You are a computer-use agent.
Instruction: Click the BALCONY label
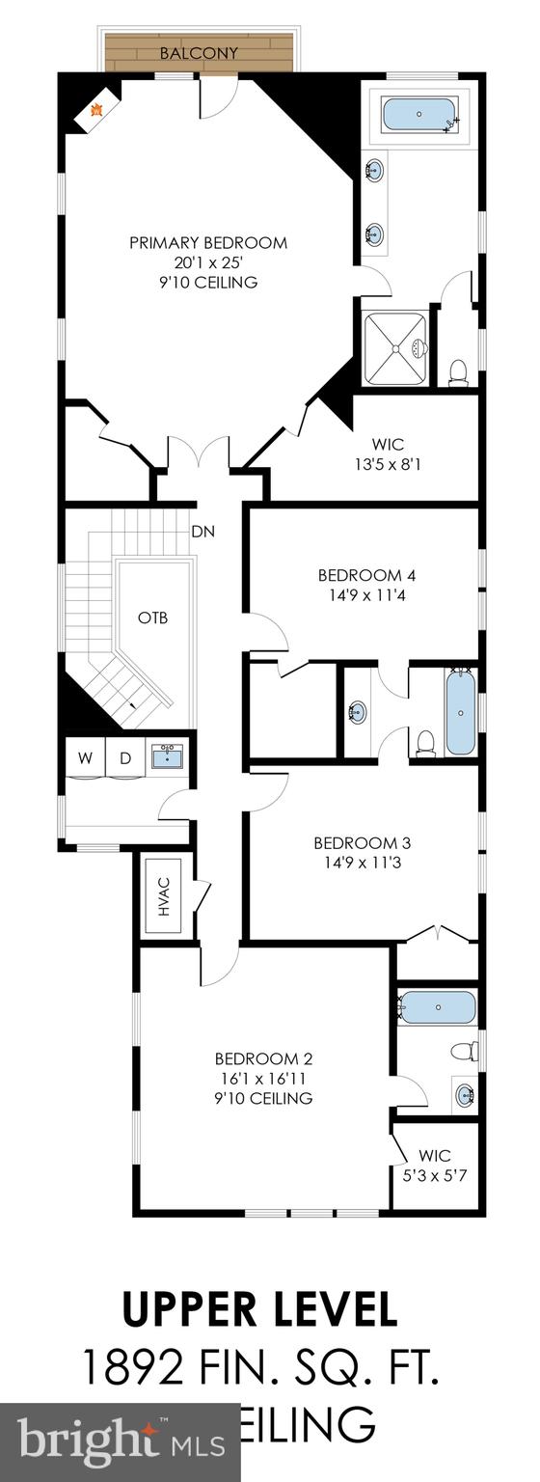pos(199,53)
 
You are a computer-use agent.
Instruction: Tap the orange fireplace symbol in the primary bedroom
pos(96,110)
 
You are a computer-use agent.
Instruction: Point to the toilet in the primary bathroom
pos(459,370)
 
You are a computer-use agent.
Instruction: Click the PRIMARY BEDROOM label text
pos(208,242)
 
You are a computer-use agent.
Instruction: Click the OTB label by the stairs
pos(152,617)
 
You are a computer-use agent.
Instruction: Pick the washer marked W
pos(86,757)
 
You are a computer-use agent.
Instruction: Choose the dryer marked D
pos(124,757)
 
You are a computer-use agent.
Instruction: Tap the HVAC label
pos(164,896)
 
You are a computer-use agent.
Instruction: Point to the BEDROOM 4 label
pos(366,575)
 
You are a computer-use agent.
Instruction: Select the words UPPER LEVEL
pos(259,1310)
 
